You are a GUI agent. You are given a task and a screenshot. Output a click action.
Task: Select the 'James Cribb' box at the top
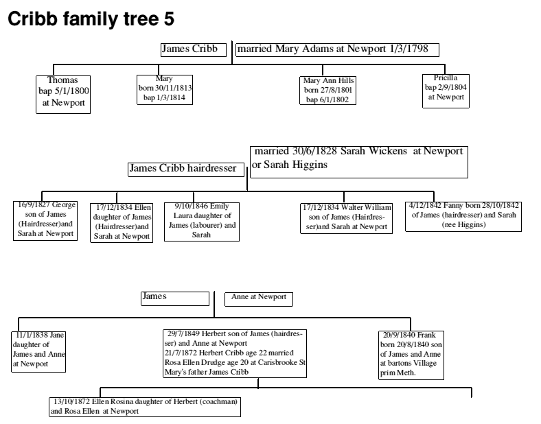193,49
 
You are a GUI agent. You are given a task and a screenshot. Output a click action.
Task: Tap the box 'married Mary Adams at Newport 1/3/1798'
337,49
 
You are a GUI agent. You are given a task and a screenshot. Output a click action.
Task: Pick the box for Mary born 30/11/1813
165,89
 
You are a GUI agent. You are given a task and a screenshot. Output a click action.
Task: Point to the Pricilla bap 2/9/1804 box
445,89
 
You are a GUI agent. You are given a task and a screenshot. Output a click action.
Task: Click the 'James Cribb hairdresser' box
187,168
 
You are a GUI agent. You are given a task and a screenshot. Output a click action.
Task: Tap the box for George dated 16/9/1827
46,220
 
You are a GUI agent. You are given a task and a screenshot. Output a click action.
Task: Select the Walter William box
347,217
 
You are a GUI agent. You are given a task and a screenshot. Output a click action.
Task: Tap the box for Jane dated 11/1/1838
39,350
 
